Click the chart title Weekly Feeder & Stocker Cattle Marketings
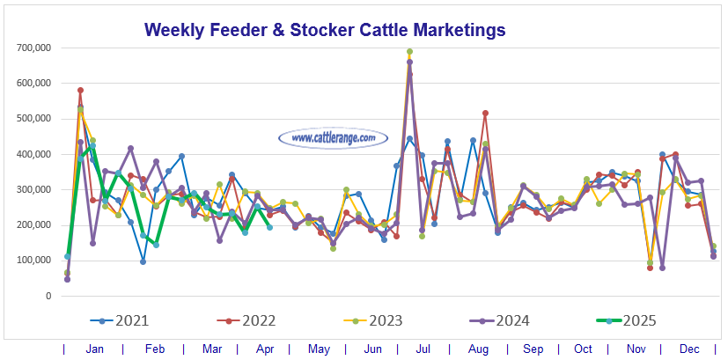[325, 30]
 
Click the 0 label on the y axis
[49, 296]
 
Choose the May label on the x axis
[318, 349]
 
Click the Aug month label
[479, 349]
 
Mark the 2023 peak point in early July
[409, 52]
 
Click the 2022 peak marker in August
[485, 113]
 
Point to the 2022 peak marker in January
[80, 90]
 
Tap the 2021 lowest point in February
[143, 261]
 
